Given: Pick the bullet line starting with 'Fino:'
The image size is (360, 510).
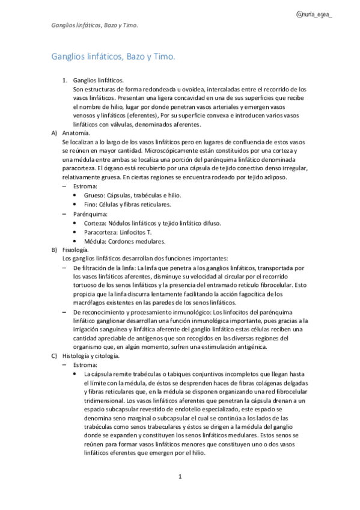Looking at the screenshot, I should (123, 204).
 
